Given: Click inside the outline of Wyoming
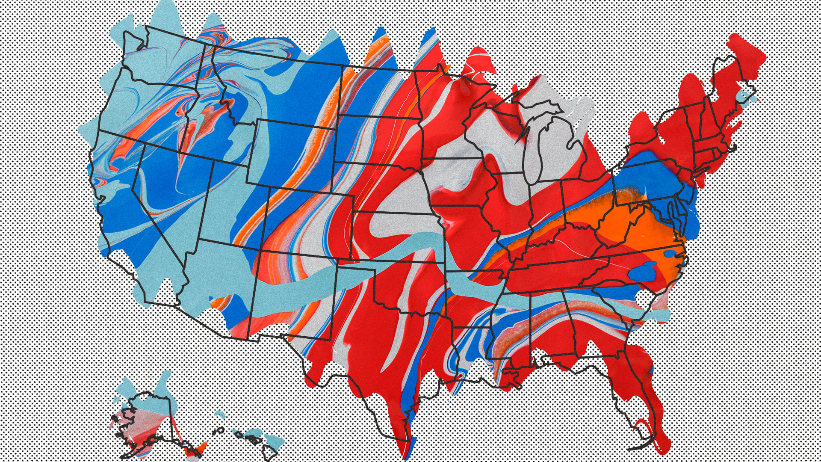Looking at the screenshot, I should click(295, 154).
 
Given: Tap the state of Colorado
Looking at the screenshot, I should click(308, 222).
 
